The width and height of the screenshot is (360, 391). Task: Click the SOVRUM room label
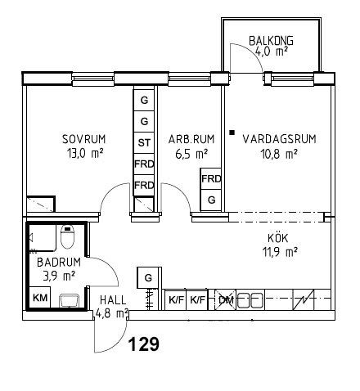click(x=84, y=139)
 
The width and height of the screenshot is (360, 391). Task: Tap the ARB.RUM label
click(x=191, y=139)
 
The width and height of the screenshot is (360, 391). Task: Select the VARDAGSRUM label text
click(x=279, y=139)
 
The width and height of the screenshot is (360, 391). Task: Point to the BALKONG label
click(x=271, y=41)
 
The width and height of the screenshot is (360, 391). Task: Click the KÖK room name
click(x=278, y=238)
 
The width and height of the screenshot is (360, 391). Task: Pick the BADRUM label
click(x=59, y=263)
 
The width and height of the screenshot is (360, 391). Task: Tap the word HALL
click(x=113, y=300)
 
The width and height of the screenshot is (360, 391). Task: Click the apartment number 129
click(x=143, y=344)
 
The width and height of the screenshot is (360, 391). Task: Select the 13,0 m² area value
click(x=85, y=154)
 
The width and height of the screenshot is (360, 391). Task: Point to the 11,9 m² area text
click(x=280, y=252)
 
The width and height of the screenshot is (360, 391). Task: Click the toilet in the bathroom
click(x=67, y=236)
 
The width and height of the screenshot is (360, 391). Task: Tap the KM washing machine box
click(x=40, y=298)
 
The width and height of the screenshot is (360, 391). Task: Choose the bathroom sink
click(x=70, y=300)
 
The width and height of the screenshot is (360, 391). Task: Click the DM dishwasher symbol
click(x=226, y=300)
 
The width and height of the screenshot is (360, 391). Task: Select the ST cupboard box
click(x=144, y=143)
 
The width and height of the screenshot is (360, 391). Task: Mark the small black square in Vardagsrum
click(x=232, y=133)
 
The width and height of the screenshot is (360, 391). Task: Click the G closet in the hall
click(x=148, y=278)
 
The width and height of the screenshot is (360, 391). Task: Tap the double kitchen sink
click(x=250, y=300)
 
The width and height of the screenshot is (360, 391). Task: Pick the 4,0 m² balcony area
click(x=272, y=52)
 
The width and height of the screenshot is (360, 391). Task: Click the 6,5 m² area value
click(x=191, y=154)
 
